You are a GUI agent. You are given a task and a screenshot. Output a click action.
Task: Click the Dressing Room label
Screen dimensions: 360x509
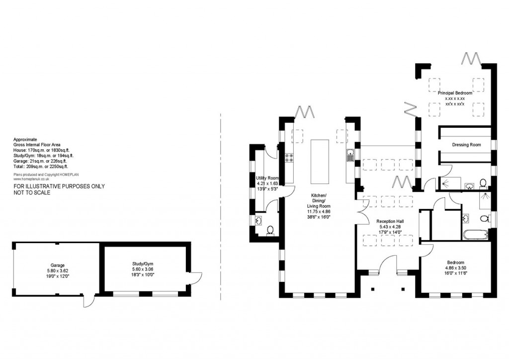pos(466,145)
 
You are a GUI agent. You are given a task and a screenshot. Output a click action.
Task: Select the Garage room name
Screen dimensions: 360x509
pos(57,266)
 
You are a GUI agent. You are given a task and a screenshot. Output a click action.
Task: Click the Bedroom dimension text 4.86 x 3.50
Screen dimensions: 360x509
pos(455,268)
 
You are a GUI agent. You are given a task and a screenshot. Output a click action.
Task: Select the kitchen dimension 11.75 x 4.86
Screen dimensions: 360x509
pos(318,211)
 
